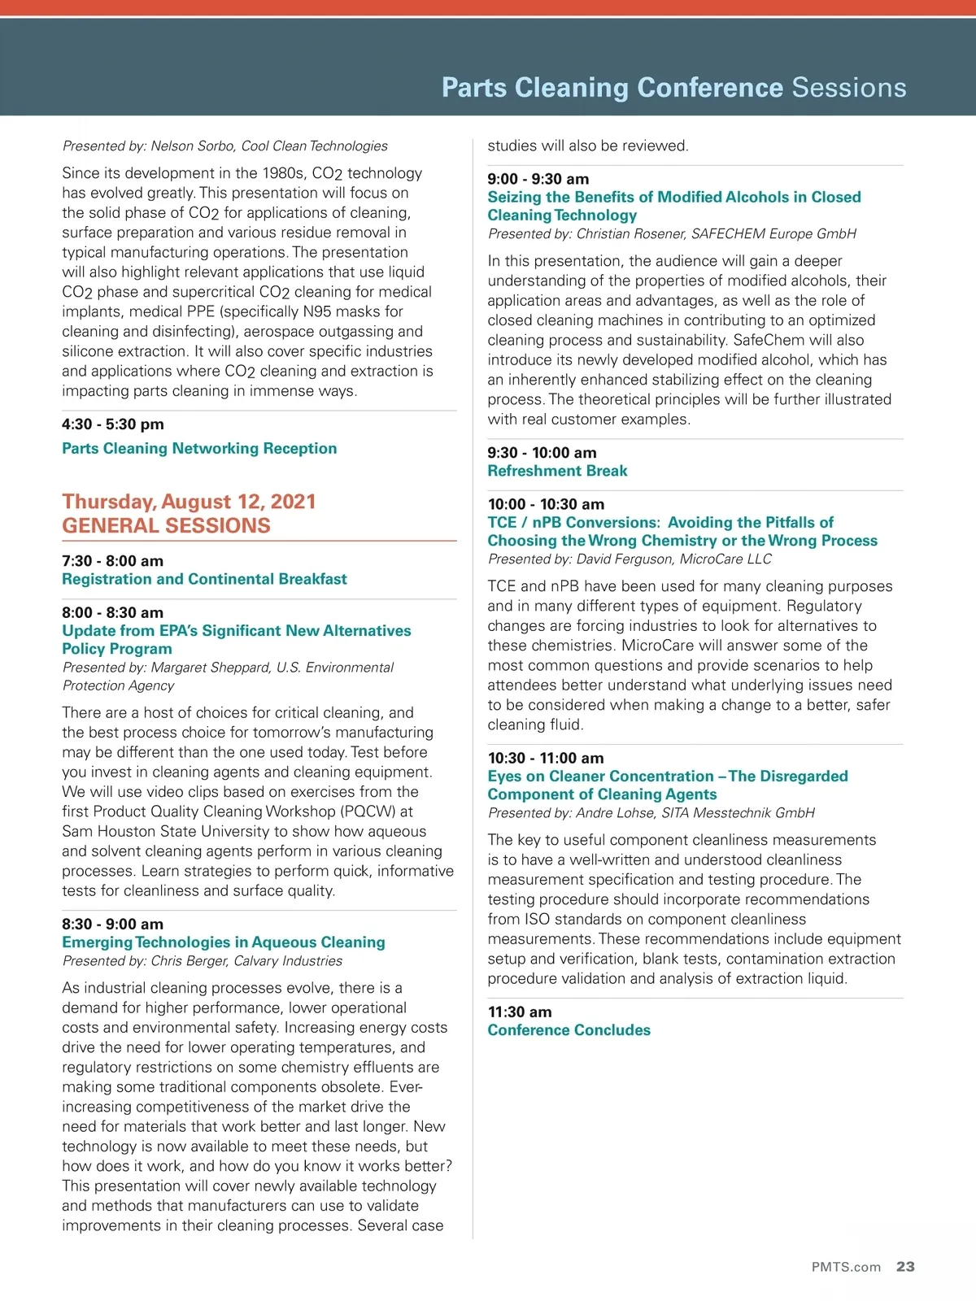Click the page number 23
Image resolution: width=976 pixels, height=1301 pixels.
(905, 1267)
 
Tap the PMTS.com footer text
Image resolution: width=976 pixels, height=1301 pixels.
(846, 1268)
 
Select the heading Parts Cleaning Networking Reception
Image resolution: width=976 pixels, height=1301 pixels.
(199, 448)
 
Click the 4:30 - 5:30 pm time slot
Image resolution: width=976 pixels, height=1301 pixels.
(113, 424)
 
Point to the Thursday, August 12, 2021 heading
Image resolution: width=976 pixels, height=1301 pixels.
(189, 501)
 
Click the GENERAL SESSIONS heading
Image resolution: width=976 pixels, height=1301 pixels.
(166, 525)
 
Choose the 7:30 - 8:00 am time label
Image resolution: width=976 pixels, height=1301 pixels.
(112, 560)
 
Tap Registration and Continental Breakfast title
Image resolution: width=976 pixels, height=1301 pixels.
(204, 579)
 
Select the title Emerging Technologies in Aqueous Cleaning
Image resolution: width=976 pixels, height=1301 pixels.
(224, 942)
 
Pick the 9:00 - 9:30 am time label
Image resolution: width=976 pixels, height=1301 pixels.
(538, 179)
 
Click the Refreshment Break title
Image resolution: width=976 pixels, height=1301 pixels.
(557, 471)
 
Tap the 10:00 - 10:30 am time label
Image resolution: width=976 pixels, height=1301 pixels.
(546, 504)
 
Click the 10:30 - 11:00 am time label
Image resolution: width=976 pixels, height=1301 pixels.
(546, 758)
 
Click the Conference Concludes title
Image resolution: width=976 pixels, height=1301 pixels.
(569, 1030)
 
